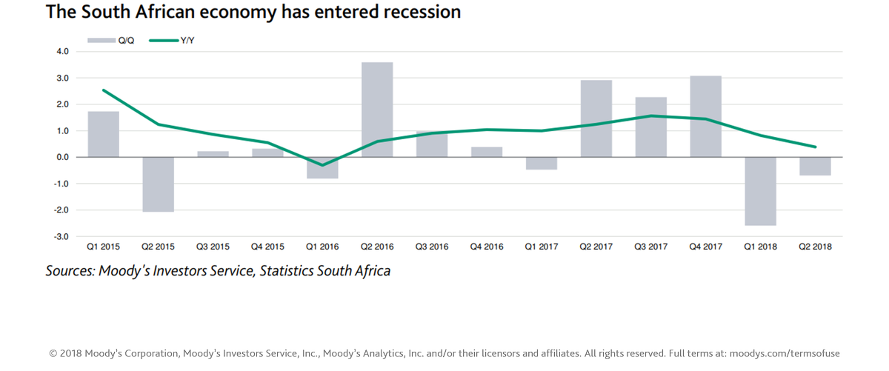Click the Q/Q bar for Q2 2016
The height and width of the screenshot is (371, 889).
(x=377, y=110)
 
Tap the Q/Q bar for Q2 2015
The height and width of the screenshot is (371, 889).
(x=158, y=184)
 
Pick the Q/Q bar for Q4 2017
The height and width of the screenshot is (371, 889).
(x=705, y=116)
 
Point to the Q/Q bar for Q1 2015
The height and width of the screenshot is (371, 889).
(x=103, y=134)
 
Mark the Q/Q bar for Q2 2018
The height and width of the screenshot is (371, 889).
(x=815, y=166)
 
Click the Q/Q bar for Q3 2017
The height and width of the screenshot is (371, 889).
(x=650, y=127)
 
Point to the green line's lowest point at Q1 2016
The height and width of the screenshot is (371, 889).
(x=322, y=165)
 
